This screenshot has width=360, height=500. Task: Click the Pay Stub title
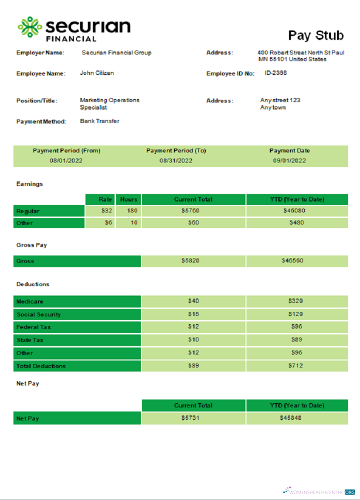(x=315, y=35)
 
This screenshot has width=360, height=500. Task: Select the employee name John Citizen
(x=97, y=73)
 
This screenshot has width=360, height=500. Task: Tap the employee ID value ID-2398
(x=275, y=73)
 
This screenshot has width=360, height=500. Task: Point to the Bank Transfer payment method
(x=99, y=121)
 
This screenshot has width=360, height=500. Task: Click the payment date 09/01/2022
(x=289, y=160)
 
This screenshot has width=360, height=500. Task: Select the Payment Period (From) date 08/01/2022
(x=66, y=160)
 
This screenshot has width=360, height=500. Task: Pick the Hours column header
(x=128, y=199)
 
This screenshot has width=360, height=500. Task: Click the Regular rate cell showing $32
(x=106, y=211)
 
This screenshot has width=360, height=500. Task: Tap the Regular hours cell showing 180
(x=131, y=211)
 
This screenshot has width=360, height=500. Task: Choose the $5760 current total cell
(x=193, y=211)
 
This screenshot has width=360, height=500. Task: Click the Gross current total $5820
(x=193, y=261)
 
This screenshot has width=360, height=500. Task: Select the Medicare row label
(x=30, y=301)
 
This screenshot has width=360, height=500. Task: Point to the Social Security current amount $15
(x=193, y=314)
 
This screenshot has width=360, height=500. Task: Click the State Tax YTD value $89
(x=296, y=340)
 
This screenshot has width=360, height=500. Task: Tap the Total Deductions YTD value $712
(x=296, y=365)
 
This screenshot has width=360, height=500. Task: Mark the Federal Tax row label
(x=34, y=327)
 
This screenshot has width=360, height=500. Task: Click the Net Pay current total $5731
(x=190, y=418)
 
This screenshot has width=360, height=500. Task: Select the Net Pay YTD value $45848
(x=291, y=418)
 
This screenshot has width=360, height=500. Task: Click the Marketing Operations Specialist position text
(x=109, y=103)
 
